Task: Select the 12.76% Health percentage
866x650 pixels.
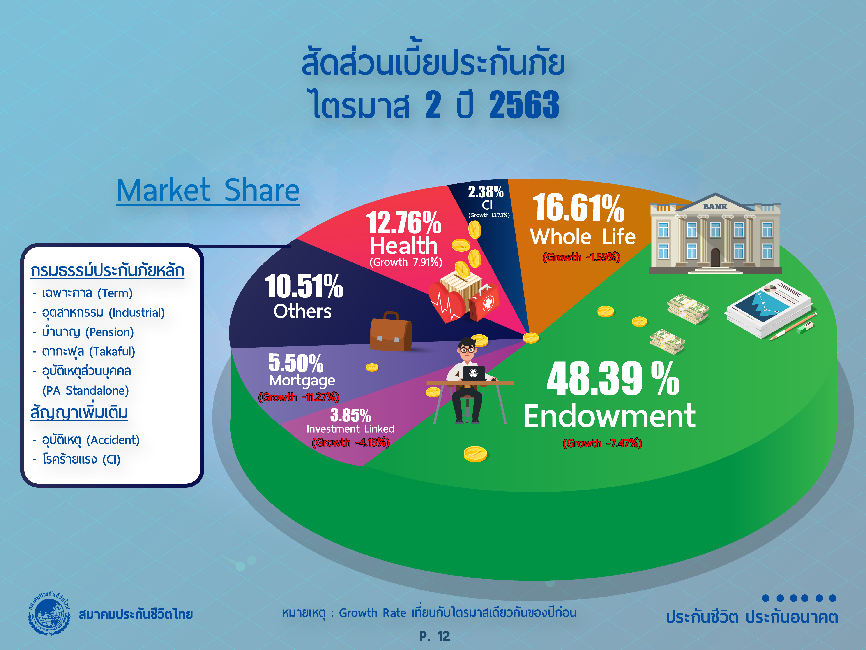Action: pos(404,223)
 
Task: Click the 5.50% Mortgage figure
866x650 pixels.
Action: pos(296,363)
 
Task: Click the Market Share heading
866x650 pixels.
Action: pos(208,190)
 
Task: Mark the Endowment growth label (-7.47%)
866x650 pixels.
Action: pos(602,443)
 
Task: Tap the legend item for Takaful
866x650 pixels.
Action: pos(88,351)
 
